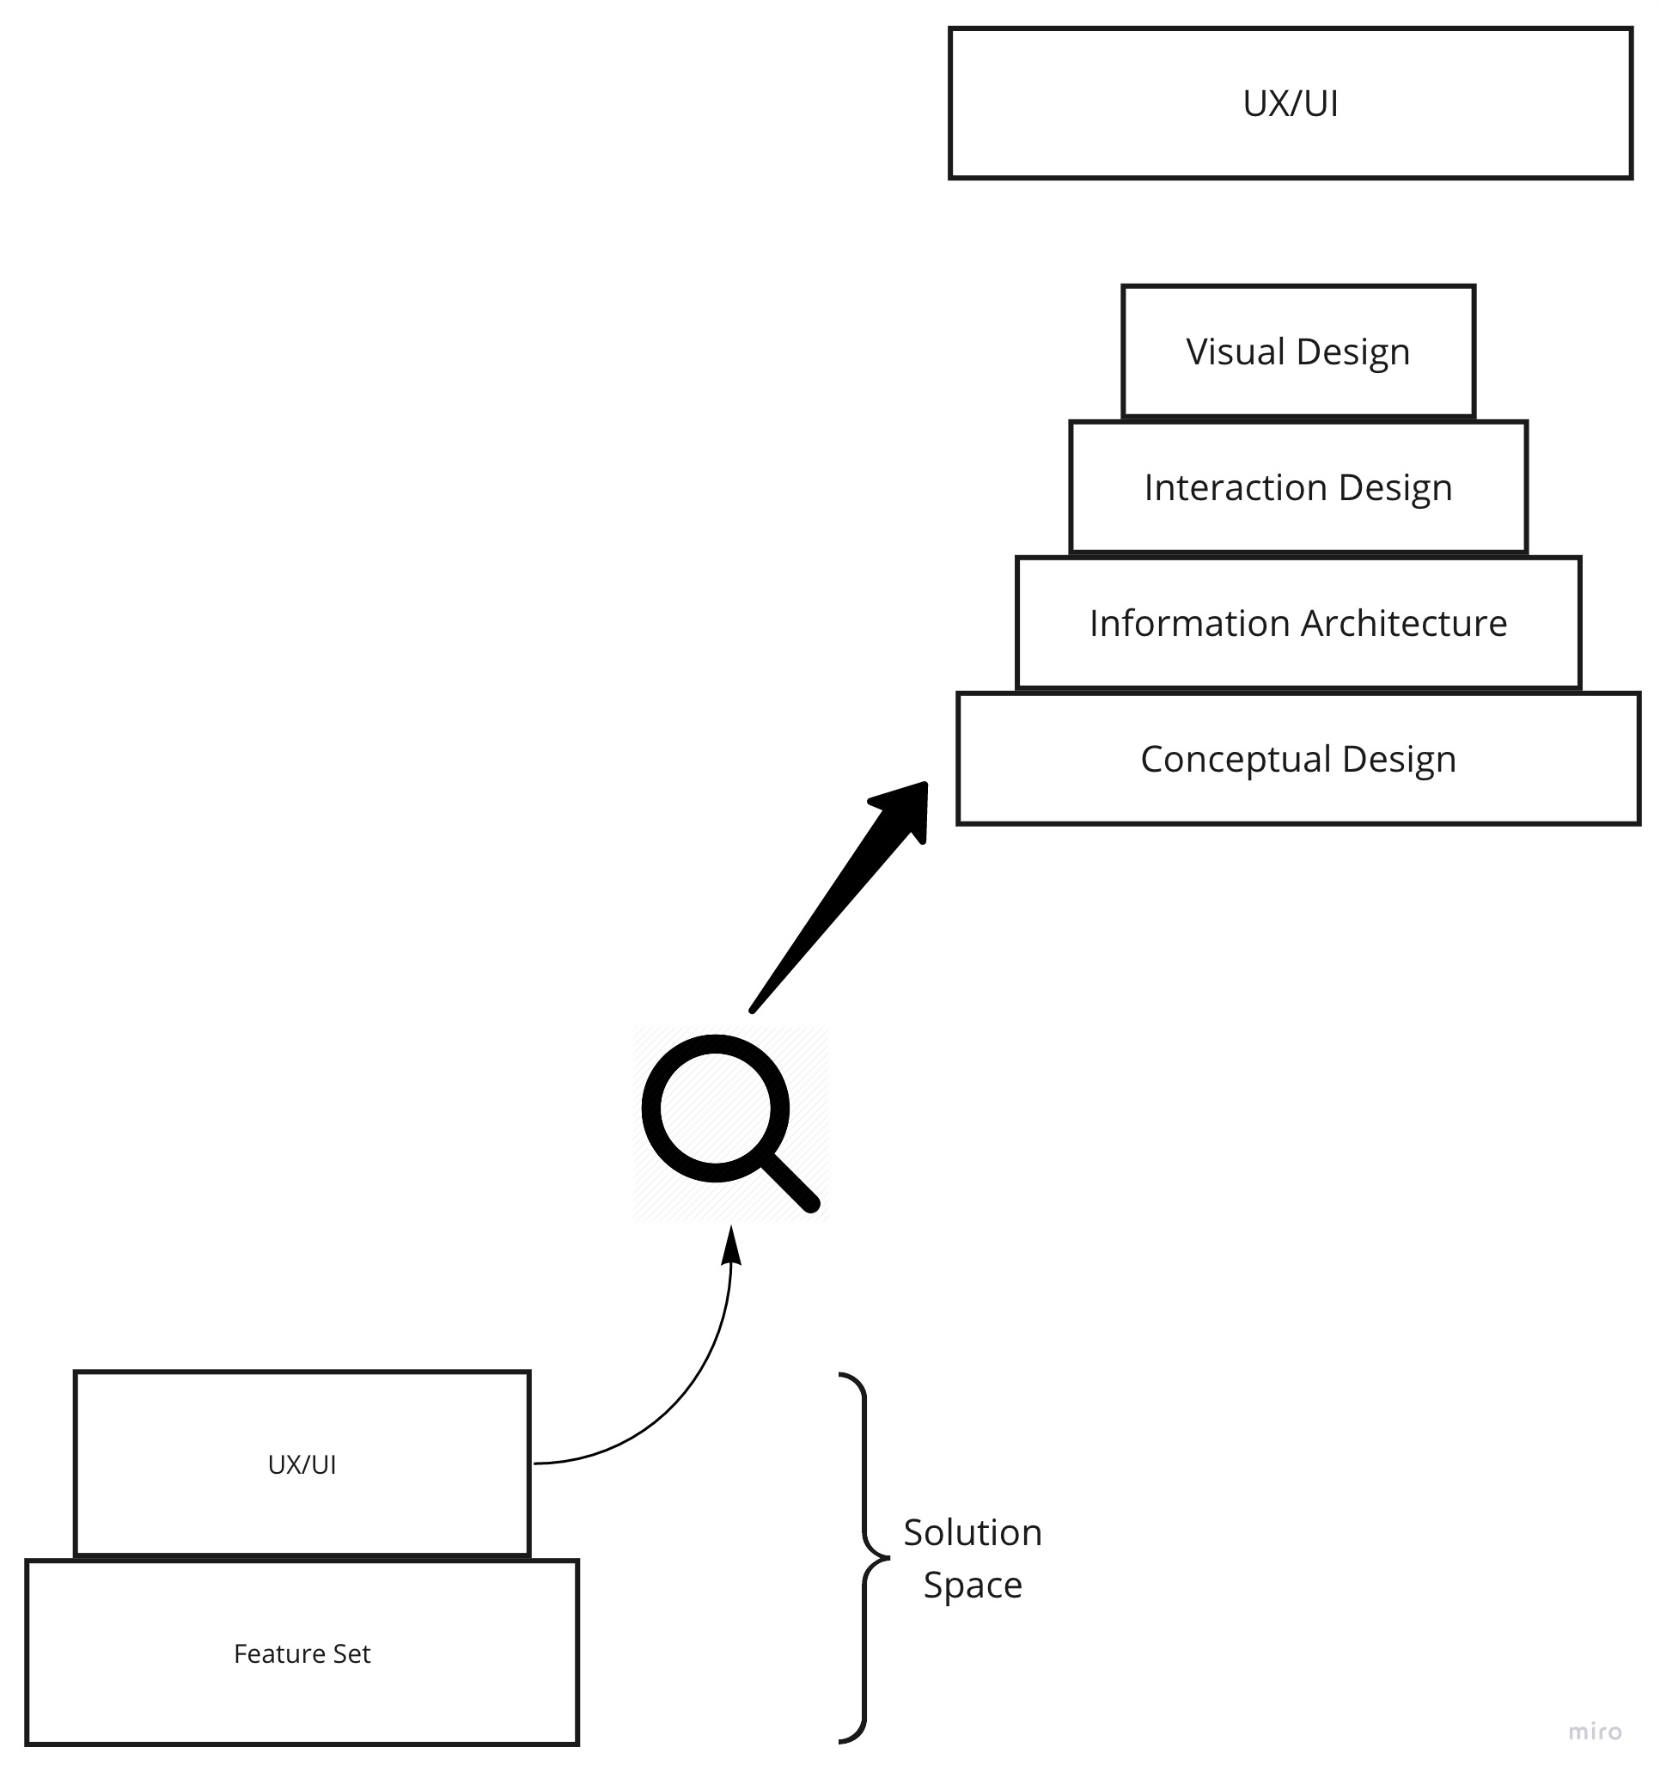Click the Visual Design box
pyautogui.click(x=1297, y=351)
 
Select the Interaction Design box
pyautogui.click(x=1297, y=487)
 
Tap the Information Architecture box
pyautogui.click(x=1297, y=623)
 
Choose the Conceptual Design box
pyautogui.click(x=1297, y=759)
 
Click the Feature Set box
pyautogui.click(x=302, y=1653)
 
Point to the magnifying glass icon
pyautogui.click(x=728, y=1122)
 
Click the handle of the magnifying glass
pyautogui.click(x=790, y=1182)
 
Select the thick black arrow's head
pyautogui.click(x=901, y=810)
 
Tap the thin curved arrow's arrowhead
pyautogui.click(x=731, y=1244)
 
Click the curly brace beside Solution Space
pyautogui.click(x=864, y=1558)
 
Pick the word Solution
pyautogui.click(x=973, y=1533)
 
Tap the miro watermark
pyautogui.click(x=1595, y=1732)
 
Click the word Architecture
pyautogui.click(x=1404, y=623)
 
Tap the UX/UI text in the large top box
pyautogui.click(x=1290, y=104)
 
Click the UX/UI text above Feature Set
pyautogui.click(x=302, y=1464)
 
